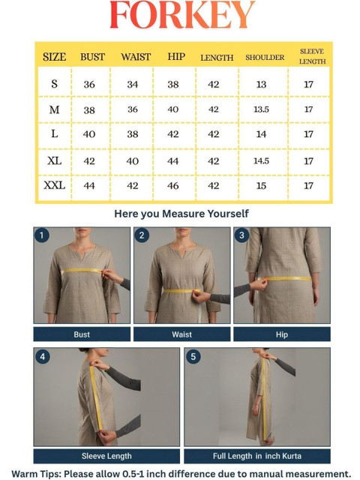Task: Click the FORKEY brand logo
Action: pyautogui.click(x=182, y=15)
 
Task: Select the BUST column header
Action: pyautogui.click(x=92, y=57)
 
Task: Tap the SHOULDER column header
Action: pyautogui.click(x=265, y=57)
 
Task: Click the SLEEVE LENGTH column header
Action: pyautogui.click(x=312, y=56)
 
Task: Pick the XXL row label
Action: pyautogui.click(x=55, y=185)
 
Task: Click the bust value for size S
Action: pyautogui.click(x=89, y=85)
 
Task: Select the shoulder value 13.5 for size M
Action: pyautogui.click(x=261, y=109)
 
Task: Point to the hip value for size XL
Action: pyautogui.click(x=173, y=161)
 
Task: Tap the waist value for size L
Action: pyautogui.click(x=133, y=134)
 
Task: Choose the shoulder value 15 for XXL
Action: pyautogui.click(x=261, y=186)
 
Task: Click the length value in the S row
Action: pyautogui.click(x=213, y=85)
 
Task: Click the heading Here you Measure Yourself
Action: pyautogui.click(x=181, y=214)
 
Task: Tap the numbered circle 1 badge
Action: pyautogui.click(x=42, y=235)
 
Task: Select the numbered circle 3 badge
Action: pyautogui.click(x=241, y=235)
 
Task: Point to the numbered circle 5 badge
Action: pyautogui.click(x=193, y=356)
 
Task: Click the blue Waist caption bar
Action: pyautogui.click(x=181, y=334)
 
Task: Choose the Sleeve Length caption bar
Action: pyautogui.click(x=106, y=456)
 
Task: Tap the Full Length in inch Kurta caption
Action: pyautogui.click(x=257, y=456)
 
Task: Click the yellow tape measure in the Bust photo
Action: pyautogui.click(x=82, y=271)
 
